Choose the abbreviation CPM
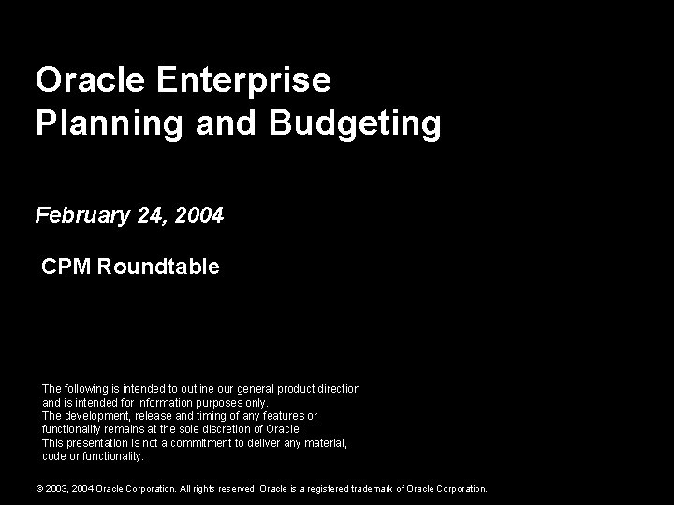click(x=66, y=267)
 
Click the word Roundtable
click(x=158, y=267)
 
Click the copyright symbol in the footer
click(x=39, y=488)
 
